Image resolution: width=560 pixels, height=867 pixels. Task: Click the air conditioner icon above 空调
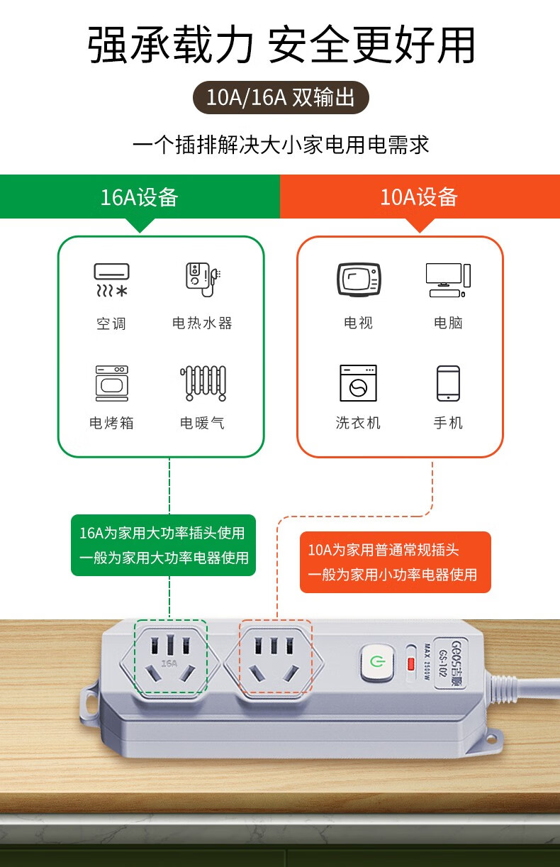click(111, 280)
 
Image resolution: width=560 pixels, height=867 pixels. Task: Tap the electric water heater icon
click(203, 280)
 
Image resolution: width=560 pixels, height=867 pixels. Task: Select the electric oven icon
click(112, 383)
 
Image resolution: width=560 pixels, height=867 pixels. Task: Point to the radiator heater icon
click(203, 383)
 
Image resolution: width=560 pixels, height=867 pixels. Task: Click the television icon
click(359, 280)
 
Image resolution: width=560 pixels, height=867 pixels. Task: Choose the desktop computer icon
click(448, 280)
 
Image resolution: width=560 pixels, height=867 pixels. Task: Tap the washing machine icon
click(358, 383)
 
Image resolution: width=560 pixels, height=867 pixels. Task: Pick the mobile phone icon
click(448, 383)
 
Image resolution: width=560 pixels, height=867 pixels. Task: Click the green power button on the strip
click(376, 661)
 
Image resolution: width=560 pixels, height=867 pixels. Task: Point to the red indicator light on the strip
click(410, 664)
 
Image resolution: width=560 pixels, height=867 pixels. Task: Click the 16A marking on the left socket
click(169, 663)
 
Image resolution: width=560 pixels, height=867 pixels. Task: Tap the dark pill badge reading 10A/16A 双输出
click(281, 97)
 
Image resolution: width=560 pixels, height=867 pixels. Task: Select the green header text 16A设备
click(139, 197)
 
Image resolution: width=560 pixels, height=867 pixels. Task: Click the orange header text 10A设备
click(419, 197)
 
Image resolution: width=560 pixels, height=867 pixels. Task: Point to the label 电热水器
click(202, 323)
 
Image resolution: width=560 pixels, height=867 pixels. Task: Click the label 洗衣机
click(358, 423)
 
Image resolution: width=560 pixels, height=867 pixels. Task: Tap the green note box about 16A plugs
click(163, 546)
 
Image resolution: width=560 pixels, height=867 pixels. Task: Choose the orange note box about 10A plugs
click(396, 562)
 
